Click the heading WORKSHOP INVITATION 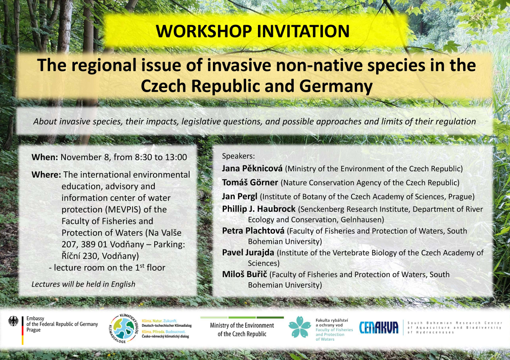point(253,31)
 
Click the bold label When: point(45,157)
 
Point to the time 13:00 point(176,157)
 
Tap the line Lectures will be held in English point(83,284)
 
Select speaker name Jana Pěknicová point(252,168)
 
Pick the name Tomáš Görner point(250,182)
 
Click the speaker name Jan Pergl point(240,196)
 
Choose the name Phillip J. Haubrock point(259,209)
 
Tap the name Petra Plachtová point(253,231)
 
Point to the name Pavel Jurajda point(248,252)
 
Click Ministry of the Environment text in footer point(242,329)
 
